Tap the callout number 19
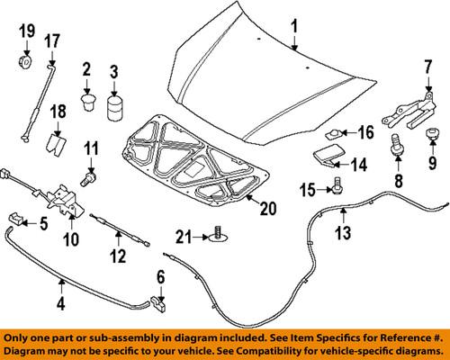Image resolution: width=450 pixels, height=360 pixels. (27, 33)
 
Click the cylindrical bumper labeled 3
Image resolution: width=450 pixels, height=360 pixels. (114, 108)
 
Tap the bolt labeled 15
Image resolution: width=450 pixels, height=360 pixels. (337, 184)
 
